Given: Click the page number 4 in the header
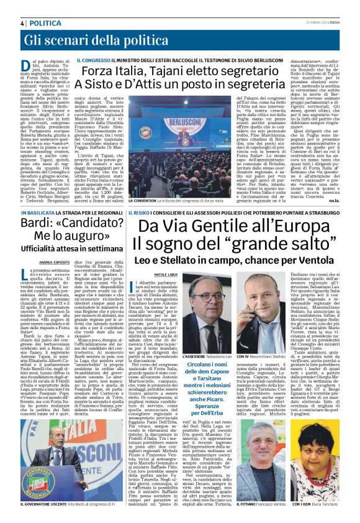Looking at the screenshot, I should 22,22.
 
